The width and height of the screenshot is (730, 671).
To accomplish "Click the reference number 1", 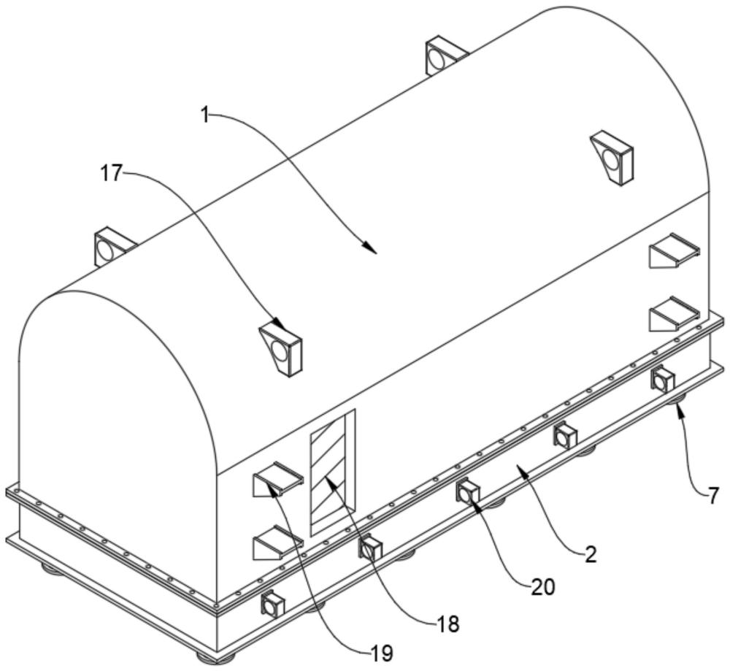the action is coord(205,115).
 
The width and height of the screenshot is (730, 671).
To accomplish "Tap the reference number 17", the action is coord(111,174).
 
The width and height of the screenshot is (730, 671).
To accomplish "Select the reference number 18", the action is coord(447,624).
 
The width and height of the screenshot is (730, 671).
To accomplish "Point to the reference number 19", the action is coord(382,653).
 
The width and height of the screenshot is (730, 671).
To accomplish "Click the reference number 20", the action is coord(543,588).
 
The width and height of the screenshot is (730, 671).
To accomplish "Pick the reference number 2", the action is coord(591,555).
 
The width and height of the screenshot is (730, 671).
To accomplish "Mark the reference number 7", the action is coord(714,496).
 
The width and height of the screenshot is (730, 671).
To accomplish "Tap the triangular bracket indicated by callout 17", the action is coord(281,348).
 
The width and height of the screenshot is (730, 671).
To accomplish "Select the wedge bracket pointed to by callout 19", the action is coord(277,480).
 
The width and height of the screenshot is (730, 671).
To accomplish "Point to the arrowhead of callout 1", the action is coord(371,249).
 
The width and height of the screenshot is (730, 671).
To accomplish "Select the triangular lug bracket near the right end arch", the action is coord(612,158).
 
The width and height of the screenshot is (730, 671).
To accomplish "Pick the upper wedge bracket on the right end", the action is coord(674,250).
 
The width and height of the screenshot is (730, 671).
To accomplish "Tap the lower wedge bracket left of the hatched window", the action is coord(277,542).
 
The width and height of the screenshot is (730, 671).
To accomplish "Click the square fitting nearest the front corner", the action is coord(273,605).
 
